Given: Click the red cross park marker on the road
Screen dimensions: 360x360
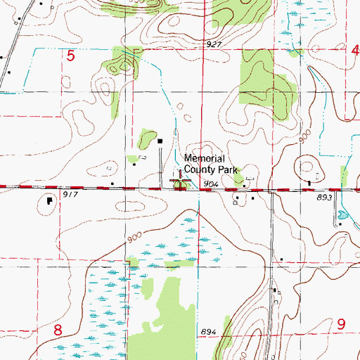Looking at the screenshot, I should pyautogui.click(x=181, y=184).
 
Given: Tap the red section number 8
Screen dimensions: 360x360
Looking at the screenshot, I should pyautogui.click(x=58, y=330).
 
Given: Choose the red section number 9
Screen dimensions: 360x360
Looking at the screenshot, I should pyautogui.click(x=341, y=324).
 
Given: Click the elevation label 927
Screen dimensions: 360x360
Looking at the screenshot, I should pyautogui.click(x=214, y=44).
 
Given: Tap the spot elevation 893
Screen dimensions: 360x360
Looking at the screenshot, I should pyautogui.click(x=323, y=199).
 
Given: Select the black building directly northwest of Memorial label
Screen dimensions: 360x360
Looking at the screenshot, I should pyautogui.click(x=160, y=141).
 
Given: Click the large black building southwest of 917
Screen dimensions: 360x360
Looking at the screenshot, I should pyautogui.click(x=49, y=200).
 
